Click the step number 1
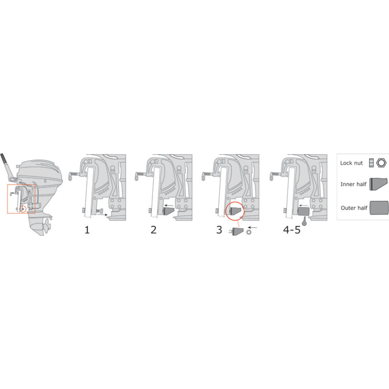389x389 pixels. tap(87, 230)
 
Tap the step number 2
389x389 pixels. tap(154, 230)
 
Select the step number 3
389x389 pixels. tap(219, 230)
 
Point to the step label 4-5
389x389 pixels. tap(292, 230)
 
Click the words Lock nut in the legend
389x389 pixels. tap(351, 163)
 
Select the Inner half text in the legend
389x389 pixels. tap(353, 184)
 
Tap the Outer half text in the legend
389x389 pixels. tap(354, 208)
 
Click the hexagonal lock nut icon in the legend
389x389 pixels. tap(381, 163)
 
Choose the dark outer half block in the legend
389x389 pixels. tap(379, 207)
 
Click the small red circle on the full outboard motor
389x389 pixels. tap(23, 209)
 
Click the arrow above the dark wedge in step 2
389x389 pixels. tap(168, 205)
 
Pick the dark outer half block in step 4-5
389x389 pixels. tap(303, 211)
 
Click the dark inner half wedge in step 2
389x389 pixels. tap(168, 211)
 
